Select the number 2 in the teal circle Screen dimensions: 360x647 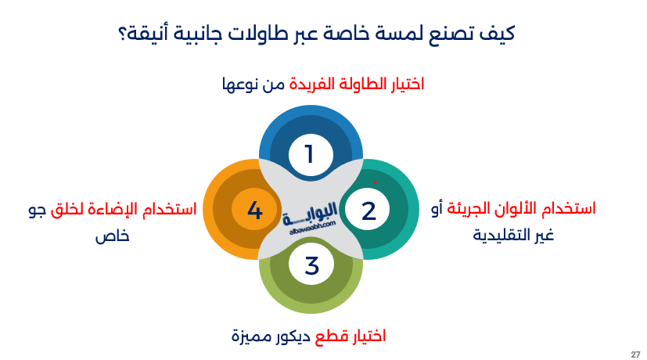(368, 210)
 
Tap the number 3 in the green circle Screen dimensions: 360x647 (311, 266)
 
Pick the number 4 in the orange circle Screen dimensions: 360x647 (254, 210)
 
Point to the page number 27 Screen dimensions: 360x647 (635, 354)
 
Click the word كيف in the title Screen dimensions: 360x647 (500, 35)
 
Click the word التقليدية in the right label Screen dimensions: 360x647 (501, 234)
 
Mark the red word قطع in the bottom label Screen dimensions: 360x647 (330, 337)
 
